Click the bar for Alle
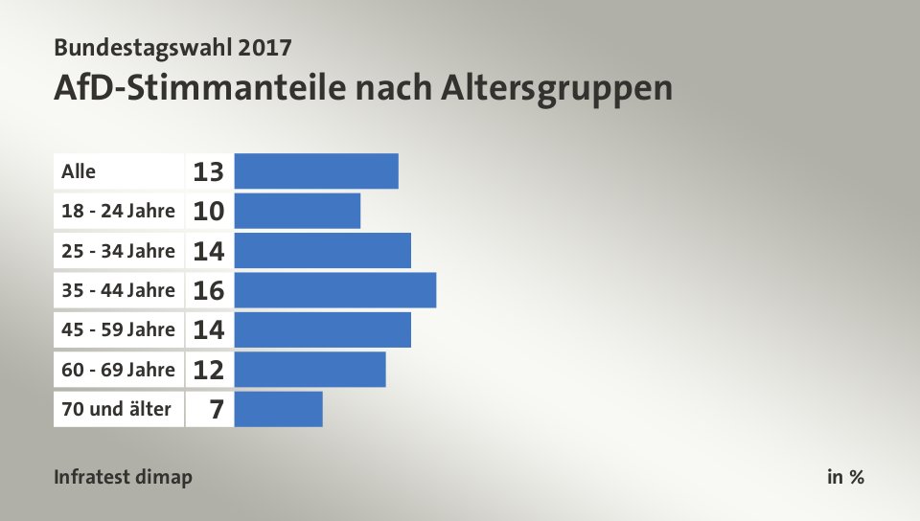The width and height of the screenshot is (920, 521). coord(316,170)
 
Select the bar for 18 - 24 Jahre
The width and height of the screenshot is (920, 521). coord(297,211)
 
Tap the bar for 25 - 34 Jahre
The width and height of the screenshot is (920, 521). coord(322,251)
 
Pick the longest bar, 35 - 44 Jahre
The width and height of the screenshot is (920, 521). coord(335,290)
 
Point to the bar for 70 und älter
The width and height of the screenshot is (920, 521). coord(278,409)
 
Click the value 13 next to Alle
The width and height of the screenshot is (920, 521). coord(208,171)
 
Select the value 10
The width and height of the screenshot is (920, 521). coord(208,212)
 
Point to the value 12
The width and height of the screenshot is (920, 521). coord(208,370)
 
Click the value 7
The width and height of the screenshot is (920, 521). coord(217,410)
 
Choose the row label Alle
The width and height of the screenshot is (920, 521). coord(79,171)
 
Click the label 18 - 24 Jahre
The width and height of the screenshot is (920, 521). coord(118,211)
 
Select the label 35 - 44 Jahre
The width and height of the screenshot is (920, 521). coord(118,290)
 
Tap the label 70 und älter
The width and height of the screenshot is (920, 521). coord(116,409)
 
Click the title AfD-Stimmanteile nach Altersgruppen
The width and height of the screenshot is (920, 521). coord(363,88)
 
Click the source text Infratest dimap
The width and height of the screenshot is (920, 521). coord(123,477)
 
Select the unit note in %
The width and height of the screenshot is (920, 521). coord(845,477)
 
